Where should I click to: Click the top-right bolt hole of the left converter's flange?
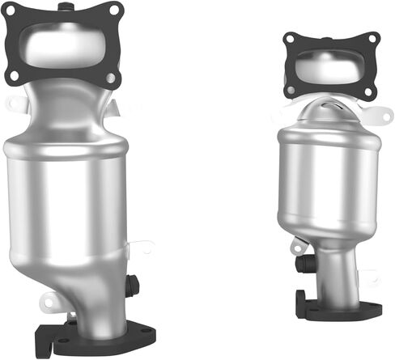(113, 11)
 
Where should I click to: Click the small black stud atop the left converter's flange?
(64, 2)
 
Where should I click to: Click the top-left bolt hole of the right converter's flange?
(291, 39)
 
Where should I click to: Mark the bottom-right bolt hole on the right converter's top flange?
(372, 91)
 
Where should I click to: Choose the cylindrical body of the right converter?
(328, 178)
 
